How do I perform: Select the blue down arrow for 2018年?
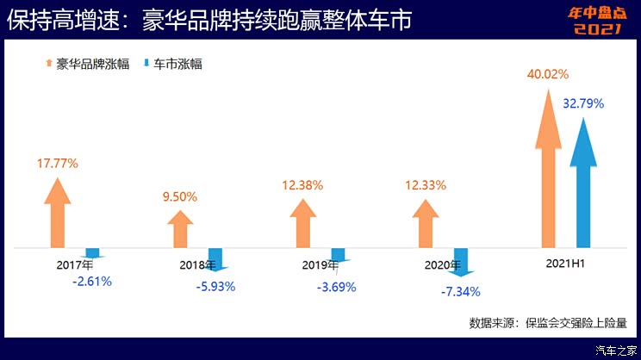click(x=215, y=259)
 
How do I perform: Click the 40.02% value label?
click(x=548, y=74)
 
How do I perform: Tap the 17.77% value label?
click(x=58, y=163)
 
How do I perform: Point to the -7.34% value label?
click(x=460, y=292)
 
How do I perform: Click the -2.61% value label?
click(x=92, y=281)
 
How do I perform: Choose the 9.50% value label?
click(x=180, y=196)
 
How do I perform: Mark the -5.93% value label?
click(x=216, y=287)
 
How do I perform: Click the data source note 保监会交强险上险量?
click(x=549, y=322)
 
